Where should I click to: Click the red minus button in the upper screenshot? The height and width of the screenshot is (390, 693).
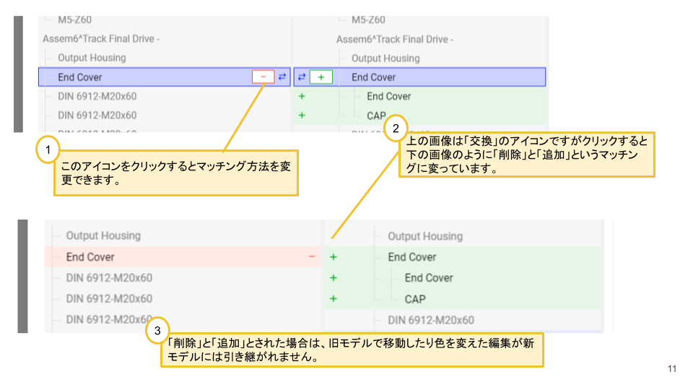[263, 77]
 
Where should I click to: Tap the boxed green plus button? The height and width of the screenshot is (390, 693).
[321, 77]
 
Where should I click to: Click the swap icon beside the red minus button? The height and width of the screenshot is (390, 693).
[282, 77]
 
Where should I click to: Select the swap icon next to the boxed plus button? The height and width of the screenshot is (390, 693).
[302, 77]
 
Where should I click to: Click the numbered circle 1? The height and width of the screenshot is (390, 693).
[47, 151]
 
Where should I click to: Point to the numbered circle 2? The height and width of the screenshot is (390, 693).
[396, 129]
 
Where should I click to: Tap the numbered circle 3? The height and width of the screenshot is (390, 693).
[157, 331]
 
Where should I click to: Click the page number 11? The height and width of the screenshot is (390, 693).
[672, 370]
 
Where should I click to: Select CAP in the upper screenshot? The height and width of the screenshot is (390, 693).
[376, 116]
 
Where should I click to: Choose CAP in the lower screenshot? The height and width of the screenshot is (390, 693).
[415, 299]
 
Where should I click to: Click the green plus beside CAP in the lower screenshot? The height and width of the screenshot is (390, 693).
[333, 299]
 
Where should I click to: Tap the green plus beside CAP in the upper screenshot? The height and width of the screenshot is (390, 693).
[302, 116]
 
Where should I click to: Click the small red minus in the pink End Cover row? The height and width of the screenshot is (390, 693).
[312, 256]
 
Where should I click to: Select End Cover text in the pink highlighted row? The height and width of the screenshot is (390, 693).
[90, 256]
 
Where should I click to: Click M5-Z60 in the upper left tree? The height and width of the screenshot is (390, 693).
[74, 19]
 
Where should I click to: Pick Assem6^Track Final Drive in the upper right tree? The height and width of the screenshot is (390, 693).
[394, 39]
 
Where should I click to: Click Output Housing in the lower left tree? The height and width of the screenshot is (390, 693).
[103, 235]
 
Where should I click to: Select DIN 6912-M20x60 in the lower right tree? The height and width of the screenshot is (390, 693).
[430, 320]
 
